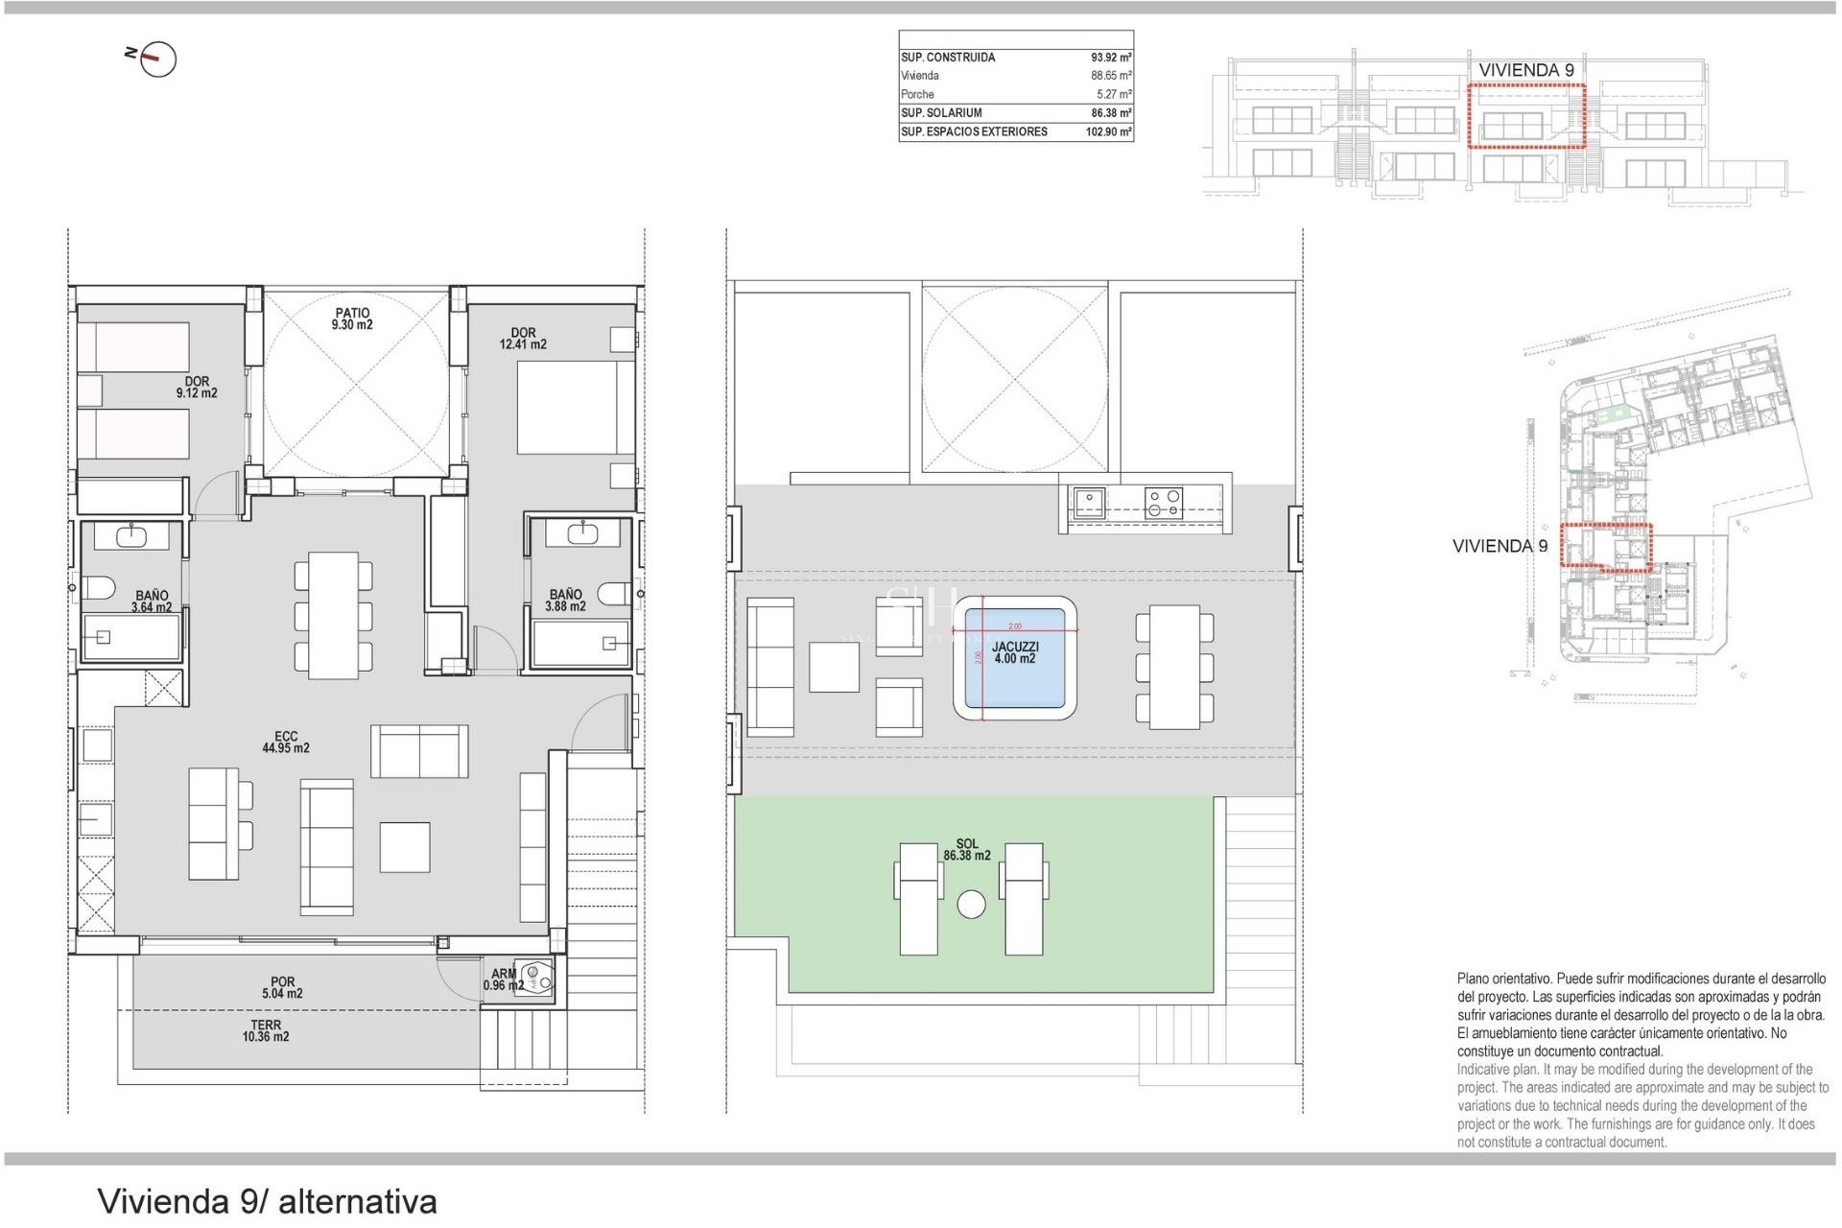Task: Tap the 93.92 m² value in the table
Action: click(x=1111, y=58)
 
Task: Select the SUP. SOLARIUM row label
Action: click(x=941, y=113)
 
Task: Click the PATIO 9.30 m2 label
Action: click(x=352, y=319)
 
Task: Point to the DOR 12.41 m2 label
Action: click(x=523, y=339)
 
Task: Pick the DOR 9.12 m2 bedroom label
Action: click(x=197, y=388)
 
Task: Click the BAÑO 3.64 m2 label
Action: click(x=152, y=602)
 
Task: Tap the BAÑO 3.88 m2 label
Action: click(x=565, y=601)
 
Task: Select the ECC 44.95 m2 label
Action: click(x=286, y=743)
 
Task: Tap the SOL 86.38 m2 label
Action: click(x=966, y=850)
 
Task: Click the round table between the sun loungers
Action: click(x=971, y=905)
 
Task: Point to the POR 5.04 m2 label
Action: click(x=282, y=988)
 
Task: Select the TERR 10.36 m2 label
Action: click(x=266, y=1031)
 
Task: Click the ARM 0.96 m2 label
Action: click(x=504, y=980)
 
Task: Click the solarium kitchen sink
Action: click(x=1089, y=503)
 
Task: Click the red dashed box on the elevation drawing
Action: click(x=1525, y=115)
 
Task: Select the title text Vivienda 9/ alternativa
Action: click(x=267, y=1201)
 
